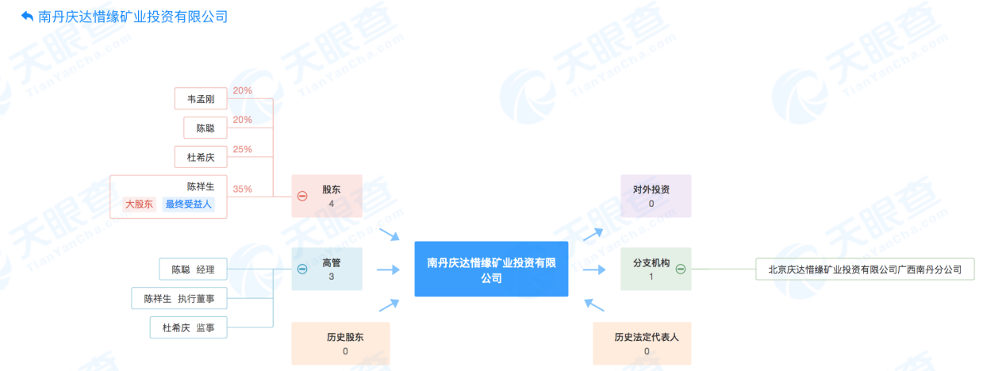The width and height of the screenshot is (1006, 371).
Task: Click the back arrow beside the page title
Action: point(27,16)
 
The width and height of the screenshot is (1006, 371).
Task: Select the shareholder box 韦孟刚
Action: point(201,98)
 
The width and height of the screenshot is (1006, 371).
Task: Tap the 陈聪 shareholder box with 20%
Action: point(205,128)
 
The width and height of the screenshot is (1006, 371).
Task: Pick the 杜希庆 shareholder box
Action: point(201,157)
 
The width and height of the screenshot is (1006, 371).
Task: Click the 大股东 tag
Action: point(140,205)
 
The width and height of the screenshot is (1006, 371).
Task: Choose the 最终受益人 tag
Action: point(189,205)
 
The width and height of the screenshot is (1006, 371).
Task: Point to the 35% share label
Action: point(243,189)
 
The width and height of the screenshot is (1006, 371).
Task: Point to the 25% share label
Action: point(243,149)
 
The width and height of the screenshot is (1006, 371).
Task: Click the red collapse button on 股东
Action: point(302,196)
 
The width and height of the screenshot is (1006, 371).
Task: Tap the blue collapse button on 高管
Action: point(302,269)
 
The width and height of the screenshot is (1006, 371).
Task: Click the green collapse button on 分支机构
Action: point(680,269)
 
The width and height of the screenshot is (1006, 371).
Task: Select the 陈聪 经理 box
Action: point(193,270)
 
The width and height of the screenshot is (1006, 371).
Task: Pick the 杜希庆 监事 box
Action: point(188,327)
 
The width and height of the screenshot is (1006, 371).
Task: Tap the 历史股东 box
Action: point(340,343)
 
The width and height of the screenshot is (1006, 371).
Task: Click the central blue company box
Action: point(491,269)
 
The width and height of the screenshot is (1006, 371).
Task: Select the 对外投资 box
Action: point(655,196)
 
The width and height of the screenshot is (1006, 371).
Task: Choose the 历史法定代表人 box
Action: point(642,343)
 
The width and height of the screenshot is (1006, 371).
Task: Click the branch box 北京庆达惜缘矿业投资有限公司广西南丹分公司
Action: point(864,270)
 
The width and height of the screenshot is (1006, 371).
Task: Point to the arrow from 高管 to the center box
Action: point(388,270)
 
